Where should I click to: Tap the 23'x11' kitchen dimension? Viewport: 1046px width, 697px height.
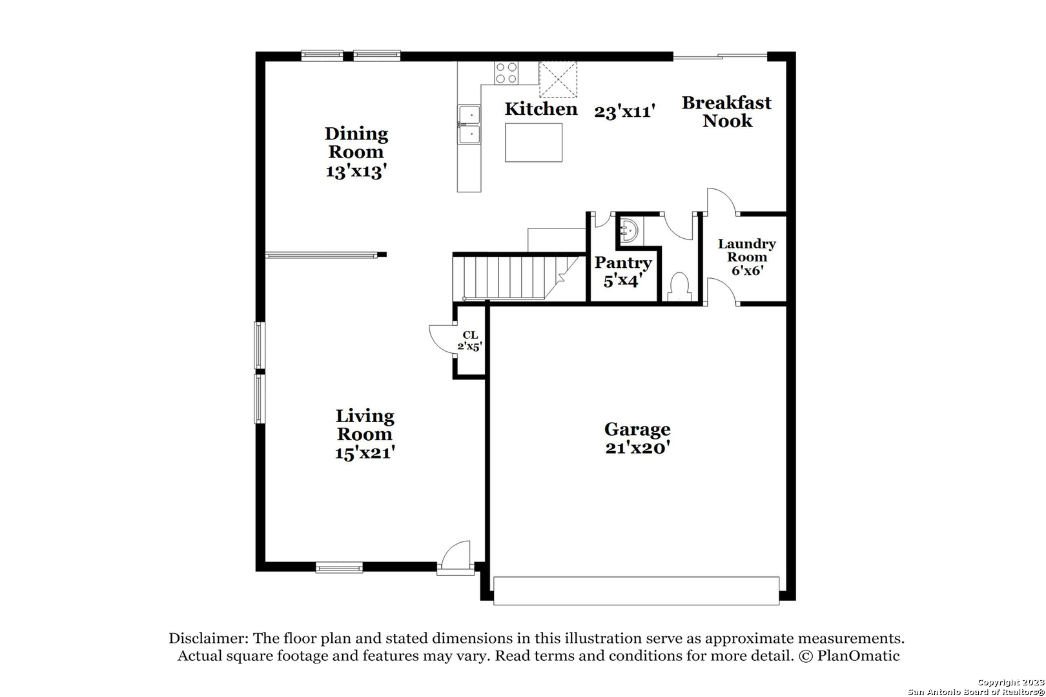tap(624, 112)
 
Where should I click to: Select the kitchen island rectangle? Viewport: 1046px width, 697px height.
tap(533, 142)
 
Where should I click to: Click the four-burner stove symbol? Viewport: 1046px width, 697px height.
tap(506, 72)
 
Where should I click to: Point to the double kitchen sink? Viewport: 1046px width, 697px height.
tap(469, 125)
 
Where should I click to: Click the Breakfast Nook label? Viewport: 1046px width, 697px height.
tap(726, 112)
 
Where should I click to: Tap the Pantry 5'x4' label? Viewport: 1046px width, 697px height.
tap(622, 271)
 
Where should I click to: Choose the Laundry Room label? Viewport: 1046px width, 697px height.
tap(746, 256)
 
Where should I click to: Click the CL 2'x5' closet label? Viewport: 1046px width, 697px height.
tap(469, 340)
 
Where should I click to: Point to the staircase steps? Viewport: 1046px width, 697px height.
tap(504, 277)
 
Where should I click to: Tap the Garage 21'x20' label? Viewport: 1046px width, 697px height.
tap(637, 438)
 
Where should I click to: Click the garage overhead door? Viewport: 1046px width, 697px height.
tap(636, 591)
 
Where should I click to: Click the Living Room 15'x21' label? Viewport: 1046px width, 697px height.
tap(364, 434)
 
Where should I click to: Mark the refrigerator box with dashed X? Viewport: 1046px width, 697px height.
tap(558, 79)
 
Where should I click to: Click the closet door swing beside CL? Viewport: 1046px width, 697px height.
tap(442, 339)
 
